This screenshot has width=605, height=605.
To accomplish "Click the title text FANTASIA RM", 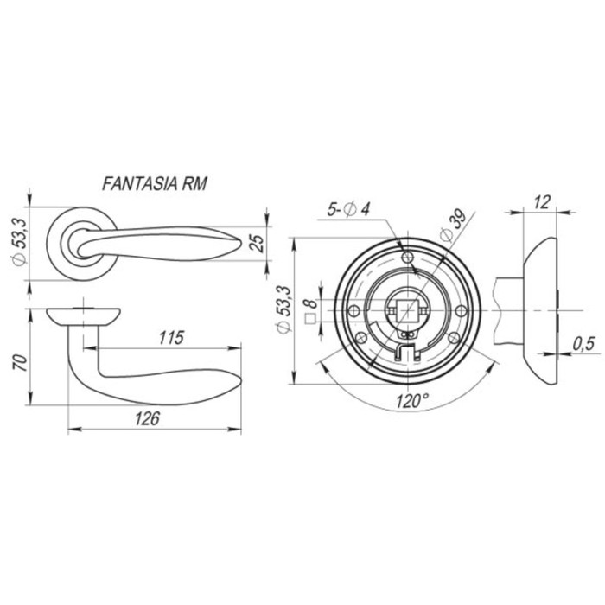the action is point(155,183).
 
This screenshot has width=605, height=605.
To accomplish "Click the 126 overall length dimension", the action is point(148,418).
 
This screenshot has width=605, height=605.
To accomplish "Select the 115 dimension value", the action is point(172,338).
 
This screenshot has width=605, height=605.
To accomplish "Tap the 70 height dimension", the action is point(22,362).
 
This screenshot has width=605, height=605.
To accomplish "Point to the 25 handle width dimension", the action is point(258,243).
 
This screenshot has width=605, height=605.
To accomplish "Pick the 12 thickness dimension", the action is point(542,202).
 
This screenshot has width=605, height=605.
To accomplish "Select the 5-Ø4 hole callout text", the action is point(348,209).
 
